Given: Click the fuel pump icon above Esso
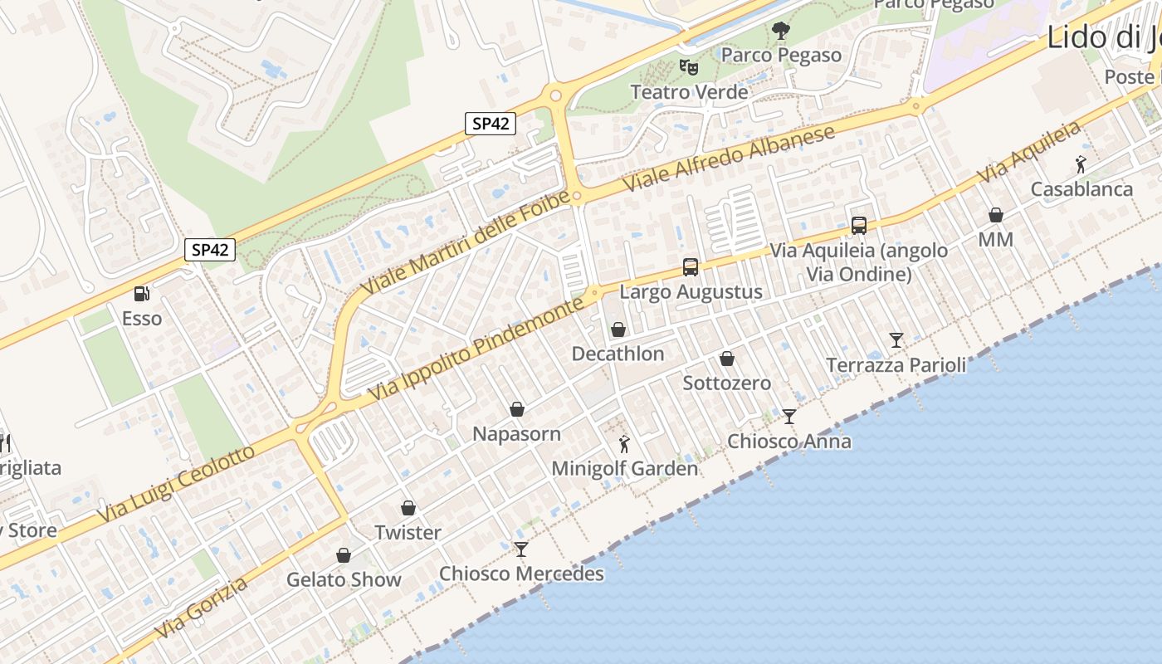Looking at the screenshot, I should pyautogui.click(x=141, y=293).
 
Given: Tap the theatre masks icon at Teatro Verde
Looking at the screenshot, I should pyautogui.click(x=688, y=66).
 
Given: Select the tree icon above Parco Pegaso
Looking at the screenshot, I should pyautogui.click(x=780, y=31).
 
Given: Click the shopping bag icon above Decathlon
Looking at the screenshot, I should pyautogui.click(x=618, y=330).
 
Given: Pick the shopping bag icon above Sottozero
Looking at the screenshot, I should pyautogui.click(x=727, y=359).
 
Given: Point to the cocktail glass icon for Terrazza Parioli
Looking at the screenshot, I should pyautogui.click(x=896, y=339).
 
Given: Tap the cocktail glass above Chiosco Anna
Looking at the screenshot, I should pyautogui.click(x=789, y=416).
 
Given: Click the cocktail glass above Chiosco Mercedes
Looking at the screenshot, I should pyautogui.click(x=521, y=549).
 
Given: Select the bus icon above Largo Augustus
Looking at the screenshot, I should pyautogui.click(x=691, y=266).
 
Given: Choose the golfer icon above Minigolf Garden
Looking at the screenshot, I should pyautogui.click(x=625, y=444).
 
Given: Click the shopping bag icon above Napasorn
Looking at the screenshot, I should pyautogui.click(x=517, y=409).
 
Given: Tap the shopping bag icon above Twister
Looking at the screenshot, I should pyautogui.click(x=408, y=507).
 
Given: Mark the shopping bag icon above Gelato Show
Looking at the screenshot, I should pyautogui.click(x=344, y=554).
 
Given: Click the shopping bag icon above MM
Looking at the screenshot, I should pyautogui.click(x=996, y=215).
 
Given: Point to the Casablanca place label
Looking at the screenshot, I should pyautogui.click(x=1081, y=189).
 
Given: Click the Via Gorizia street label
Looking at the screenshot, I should pyautogui.click(x=202, y=608).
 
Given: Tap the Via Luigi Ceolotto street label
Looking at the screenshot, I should pyautogui.click(x=176, y=485).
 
